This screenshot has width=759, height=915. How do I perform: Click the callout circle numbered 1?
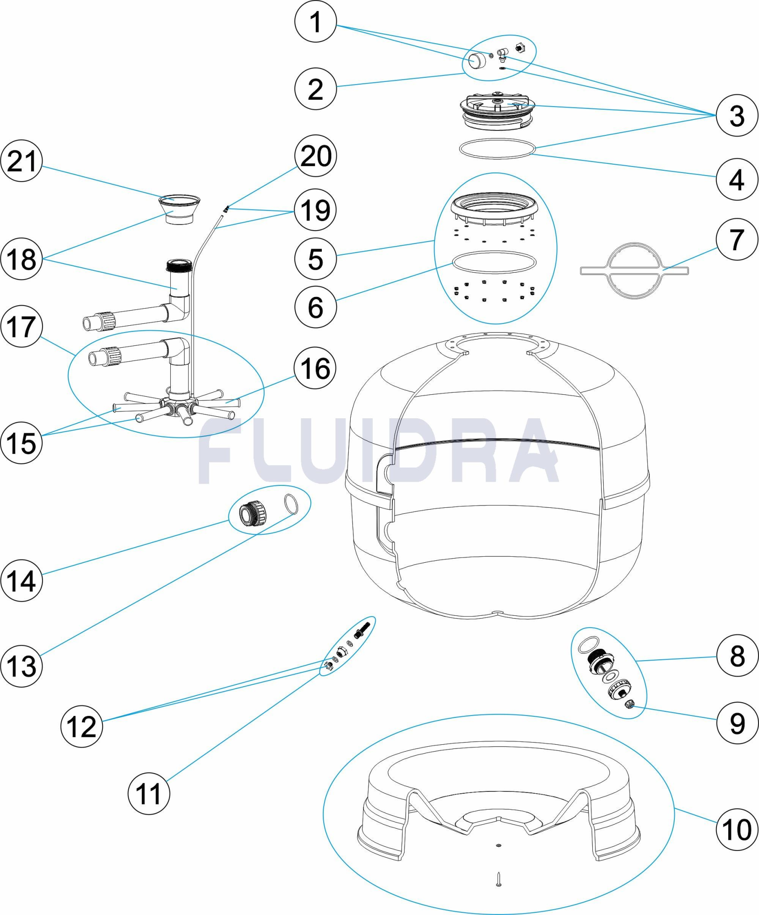[315, 22]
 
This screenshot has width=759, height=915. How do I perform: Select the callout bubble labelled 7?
[737, 239]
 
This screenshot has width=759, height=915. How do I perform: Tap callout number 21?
[22, 161]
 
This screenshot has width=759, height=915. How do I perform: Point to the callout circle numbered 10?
[737, 829]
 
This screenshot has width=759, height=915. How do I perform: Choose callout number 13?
[22, 666]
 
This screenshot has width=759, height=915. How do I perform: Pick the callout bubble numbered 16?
[315, 368]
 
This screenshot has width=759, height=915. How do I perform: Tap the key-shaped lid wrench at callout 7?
[634, 271]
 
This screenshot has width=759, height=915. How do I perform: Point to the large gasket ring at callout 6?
[493, 262]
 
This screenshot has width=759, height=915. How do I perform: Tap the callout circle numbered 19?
[315, 210]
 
